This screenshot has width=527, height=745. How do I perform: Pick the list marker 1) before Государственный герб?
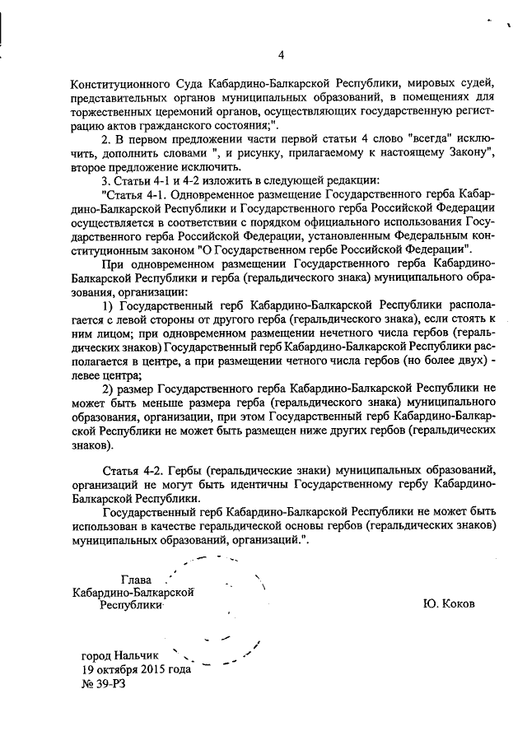(x=106, y=305)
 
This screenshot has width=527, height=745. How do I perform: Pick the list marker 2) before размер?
(x=106, y=389)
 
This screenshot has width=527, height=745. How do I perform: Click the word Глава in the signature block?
(x=138, y=580)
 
